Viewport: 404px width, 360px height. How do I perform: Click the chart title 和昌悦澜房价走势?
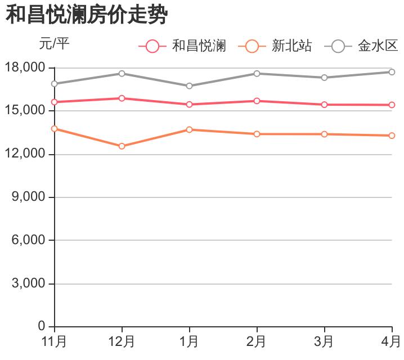(87, 15)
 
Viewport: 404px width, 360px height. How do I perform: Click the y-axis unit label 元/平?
(55, 43)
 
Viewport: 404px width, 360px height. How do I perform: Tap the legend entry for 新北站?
(275, 46)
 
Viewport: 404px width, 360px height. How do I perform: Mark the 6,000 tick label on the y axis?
(28, 240)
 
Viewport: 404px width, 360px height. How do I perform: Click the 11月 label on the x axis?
(55, 341)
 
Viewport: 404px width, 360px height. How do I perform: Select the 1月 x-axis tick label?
(189, 341)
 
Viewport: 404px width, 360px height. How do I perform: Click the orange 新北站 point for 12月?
(122, 146)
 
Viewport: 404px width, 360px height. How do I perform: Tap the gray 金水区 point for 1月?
(189, 86)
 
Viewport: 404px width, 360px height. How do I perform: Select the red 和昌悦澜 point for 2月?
(257, 101)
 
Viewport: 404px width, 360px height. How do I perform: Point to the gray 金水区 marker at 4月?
(392, 72)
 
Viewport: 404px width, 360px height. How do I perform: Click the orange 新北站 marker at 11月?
(55, 129)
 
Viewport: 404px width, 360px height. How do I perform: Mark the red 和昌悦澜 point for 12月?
(122, 98)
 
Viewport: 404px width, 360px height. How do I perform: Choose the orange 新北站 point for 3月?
(324, 134)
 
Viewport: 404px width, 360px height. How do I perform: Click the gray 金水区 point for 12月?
(122, 74)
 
